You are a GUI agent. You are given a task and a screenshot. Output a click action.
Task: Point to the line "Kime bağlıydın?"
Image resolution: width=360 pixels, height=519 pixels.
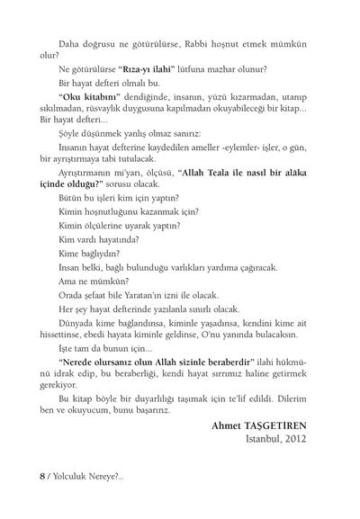tap(88, 254)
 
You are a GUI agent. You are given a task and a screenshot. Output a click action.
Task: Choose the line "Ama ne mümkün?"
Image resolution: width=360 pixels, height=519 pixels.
tap(91, 280)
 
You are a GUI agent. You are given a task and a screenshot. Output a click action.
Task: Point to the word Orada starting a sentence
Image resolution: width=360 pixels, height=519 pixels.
tap(70, 293)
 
